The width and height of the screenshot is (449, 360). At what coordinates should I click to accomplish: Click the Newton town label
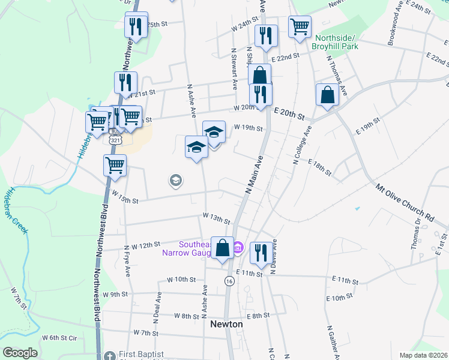click(226, 324)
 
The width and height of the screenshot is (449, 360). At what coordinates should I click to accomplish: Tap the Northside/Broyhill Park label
click(336, 42)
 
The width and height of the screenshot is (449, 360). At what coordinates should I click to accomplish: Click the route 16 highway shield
click(229, 281)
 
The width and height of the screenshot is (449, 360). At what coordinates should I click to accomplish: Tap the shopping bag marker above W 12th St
click(222, 248)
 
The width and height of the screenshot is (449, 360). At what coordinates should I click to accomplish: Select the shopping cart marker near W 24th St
click(300, 27)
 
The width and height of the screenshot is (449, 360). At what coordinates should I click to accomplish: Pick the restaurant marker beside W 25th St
click(134, 27)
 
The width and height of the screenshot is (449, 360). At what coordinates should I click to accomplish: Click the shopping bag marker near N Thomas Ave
click(328, 96)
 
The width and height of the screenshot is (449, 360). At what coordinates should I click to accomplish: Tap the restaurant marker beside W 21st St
click(125, 83)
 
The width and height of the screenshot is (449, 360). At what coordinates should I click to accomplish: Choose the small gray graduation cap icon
click(175, 181)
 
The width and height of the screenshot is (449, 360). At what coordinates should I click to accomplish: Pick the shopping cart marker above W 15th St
click(115, 165)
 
